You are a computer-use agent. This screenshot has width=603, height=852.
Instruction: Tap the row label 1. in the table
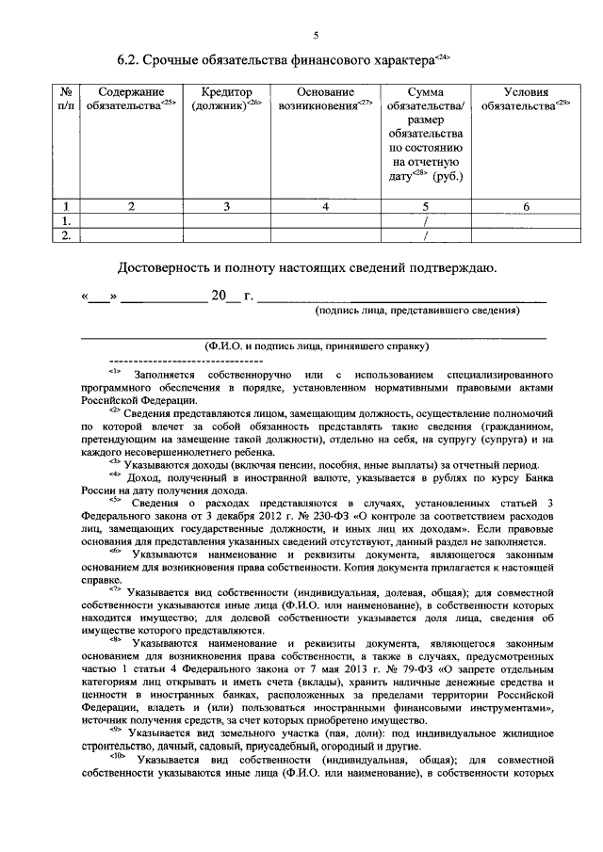66,220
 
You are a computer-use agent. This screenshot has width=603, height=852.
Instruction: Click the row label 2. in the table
66,235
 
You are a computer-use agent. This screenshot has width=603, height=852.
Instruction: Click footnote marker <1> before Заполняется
116,374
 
